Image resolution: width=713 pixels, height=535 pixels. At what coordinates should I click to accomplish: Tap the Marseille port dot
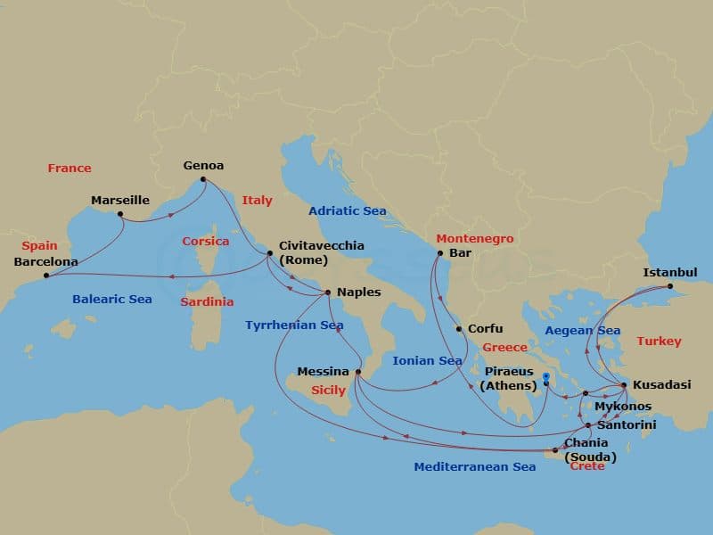(120, 214)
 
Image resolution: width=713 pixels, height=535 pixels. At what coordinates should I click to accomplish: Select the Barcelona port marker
(46, 276)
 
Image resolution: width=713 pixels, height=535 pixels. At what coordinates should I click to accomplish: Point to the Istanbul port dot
(670, 286)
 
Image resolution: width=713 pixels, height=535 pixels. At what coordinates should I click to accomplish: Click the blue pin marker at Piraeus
(546, 381)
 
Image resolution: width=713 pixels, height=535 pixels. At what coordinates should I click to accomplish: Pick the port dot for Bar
(439, 254)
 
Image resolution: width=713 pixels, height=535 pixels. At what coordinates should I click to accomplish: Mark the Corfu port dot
(459, 329)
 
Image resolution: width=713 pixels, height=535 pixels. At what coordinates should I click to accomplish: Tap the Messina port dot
(357, 372)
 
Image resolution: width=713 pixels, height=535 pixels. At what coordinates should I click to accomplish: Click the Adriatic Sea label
(348, 211)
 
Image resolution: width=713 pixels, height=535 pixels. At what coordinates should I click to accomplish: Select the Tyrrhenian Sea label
(294, 325)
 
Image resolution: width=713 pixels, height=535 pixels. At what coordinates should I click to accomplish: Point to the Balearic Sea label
(112, 300)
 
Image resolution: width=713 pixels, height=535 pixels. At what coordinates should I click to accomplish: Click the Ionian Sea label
(427, 361)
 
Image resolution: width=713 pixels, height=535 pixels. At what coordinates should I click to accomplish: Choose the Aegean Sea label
(582, 331)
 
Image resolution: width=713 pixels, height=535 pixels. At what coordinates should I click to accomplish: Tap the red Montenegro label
(474, 239)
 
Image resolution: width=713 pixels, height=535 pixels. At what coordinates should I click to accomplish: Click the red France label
(70, 169)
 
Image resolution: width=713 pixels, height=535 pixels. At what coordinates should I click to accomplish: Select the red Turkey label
(659, 342)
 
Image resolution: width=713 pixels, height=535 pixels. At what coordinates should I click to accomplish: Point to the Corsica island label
(205, 242)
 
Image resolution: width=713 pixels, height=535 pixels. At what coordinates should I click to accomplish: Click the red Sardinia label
(207, 302)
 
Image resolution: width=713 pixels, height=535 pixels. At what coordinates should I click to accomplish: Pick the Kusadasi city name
(661, 385)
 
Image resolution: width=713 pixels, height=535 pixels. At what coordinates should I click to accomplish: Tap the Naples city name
(358, 292)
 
